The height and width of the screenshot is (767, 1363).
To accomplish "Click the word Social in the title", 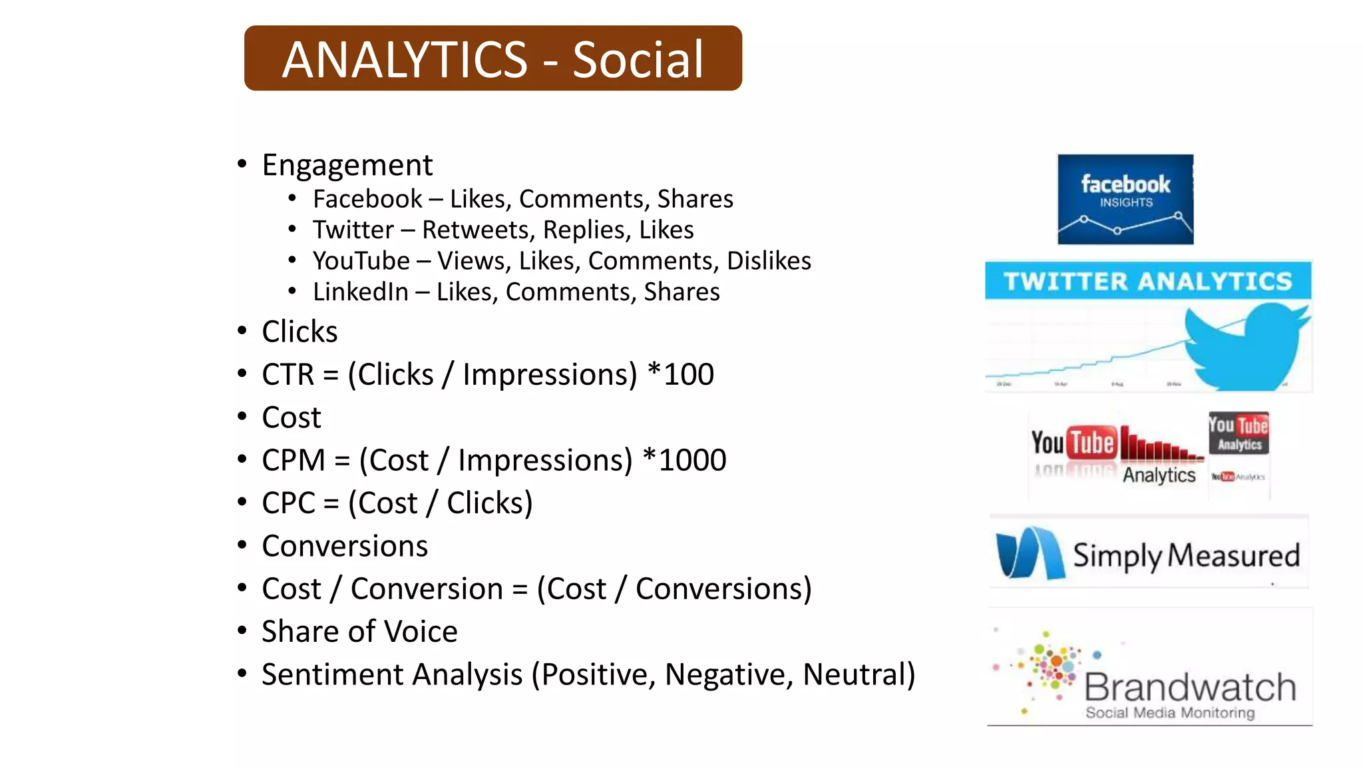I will (x=638, y=60).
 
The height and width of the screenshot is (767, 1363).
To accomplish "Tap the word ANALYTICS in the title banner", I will (x=405, y=60).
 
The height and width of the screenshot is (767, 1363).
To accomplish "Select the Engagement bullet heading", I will (x=347, y=165).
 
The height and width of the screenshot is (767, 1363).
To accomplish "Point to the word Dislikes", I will (x=769, y=261).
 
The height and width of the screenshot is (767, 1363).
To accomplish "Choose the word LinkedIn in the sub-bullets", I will (x=361, y=292).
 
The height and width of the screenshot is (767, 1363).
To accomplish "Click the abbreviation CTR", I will (x=288, y=374).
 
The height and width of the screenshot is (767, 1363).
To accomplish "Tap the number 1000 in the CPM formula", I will (x=692, y=460).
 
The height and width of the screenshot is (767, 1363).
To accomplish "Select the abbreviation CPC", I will (x=288, y=503).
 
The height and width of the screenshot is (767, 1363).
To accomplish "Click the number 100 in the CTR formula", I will (x=689, y=374).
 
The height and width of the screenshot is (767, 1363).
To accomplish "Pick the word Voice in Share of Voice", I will (x=421, y=632).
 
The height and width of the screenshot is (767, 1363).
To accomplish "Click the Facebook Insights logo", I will (x=1125, y=199).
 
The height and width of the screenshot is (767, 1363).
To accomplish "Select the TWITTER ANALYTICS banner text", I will (x=1148, y=281).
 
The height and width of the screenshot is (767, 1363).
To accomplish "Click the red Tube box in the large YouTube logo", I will (x=1092, y=443).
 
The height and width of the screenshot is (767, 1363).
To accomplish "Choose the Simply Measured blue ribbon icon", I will (x=1029, y=553).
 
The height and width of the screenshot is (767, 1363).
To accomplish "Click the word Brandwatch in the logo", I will (x=1190, y=686).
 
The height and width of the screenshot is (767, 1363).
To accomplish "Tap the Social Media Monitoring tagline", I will (x=1170, y=713).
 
